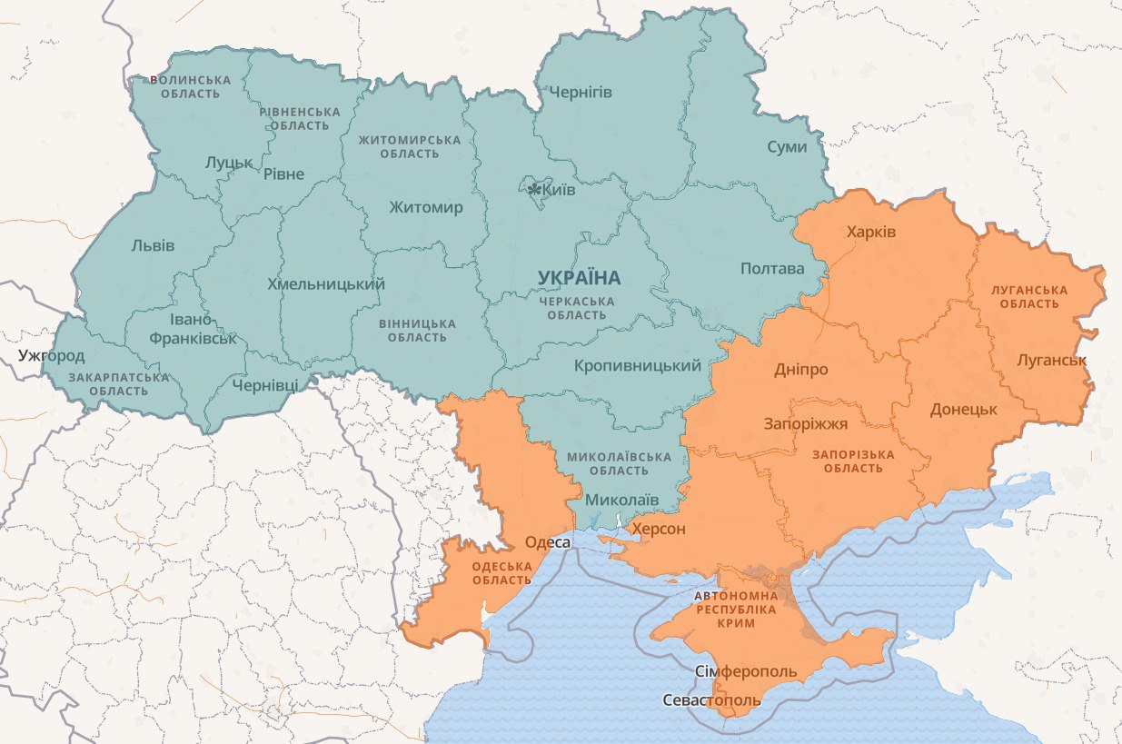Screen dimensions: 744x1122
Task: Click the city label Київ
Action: [x=558, y=190]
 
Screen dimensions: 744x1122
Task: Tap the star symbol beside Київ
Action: [x=535, y=189]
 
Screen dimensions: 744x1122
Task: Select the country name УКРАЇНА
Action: [x=579, y=277]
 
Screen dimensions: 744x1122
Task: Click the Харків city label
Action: [x=870, y=233]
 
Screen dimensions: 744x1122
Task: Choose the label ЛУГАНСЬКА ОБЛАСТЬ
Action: [x=1029, y=296]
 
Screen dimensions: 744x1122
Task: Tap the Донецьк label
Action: [x=963, y=410]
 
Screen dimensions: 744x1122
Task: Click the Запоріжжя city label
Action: [x=805, y=424]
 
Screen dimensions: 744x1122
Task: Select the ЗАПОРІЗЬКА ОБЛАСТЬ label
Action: [x=853, y=461]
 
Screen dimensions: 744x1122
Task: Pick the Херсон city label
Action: [x=659, y=529]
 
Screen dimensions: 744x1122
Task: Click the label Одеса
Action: [x=548, y=542]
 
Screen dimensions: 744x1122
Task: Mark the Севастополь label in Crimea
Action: [x=711, y=701]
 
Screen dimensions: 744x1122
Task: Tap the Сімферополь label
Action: [x=746, y=672]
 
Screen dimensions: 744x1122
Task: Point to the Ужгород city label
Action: [x=52, y=355]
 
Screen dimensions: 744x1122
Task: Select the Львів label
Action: [x=153, y=245]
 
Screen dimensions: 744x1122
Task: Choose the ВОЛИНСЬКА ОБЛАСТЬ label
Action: [x=190, y=86]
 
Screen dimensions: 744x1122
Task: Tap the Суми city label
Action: [x=787, y=146]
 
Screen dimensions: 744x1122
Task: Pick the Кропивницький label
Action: [x=638, y=366]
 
